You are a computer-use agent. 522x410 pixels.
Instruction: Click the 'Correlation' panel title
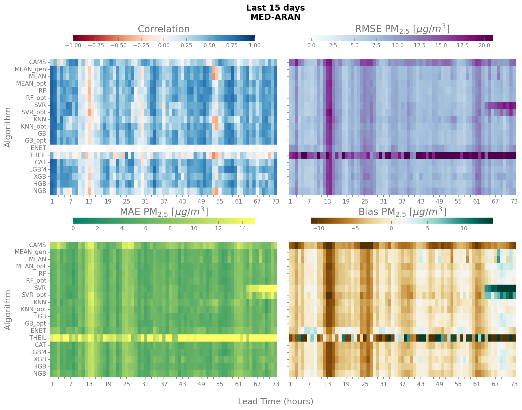click(x=164, y=29)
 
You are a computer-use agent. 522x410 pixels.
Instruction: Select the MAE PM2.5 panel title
click(x=164, y=212)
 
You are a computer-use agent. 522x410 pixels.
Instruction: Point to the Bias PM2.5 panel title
click(x=402, y=212)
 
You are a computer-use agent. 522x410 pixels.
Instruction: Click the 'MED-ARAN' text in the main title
click(x=275, y=17)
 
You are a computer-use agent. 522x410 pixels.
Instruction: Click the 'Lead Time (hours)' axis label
click(x=275, y=401)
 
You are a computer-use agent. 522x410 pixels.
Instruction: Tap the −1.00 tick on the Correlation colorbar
click(x=73, y=45)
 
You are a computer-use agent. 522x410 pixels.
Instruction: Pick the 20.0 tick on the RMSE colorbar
click(x=484, y=45)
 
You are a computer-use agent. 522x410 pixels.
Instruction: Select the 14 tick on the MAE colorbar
click(x=242, y=228)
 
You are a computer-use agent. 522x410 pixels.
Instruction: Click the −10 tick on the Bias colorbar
click(x=319, y=228)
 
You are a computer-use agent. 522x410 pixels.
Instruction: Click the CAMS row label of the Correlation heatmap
click(x=37, y=62)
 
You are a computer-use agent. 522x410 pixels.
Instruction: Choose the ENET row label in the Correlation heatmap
click(x=38, y=148)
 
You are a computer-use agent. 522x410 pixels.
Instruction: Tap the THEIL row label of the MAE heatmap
click(x=38, y=338)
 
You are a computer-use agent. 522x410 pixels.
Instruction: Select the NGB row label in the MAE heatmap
click(x=39, y=374)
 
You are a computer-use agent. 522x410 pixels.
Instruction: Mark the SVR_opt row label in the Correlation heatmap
click(x=34, y=112)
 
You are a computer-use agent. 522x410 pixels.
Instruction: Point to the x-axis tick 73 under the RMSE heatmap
click(x=514, y=201)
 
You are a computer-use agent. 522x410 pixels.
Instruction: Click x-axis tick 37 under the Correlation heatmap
click(x=164, y=201)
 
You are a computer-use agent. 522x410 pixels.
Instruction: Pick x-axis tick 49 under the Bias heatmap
click(x=439, y=384)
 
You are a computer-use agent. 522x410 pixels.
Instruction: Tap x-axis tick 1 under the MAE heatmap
click(x=52, y=384)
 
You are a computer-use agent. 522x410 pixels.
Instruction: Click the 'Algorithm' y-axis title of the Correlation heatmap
click(x=8, y=127)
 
